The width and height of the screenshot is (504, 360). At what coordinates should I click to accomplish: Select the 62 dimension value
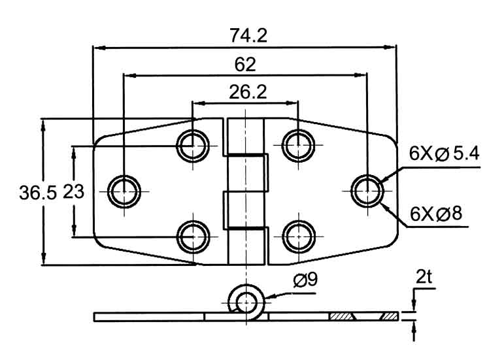click(x=244, y=65)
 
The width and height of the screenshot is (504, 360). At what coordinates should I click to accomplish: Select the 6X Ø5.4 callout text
click(x=445, y=154)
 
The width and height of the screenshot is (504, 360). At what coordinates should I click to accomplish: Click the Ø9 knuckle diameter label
click(x=305, y=281)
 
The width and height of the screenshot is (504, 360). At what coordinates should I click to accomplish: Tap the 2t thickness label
click(x=424, y=276)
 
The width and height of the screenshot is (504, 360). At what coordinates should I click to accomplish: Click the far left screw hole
click(x=124, y=191)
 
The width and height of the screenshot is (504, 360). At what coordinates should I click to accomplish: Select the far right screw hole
click(x=367, y=191)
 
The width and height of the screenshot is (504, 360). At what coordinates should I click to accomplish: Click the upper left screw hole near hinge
click(x=193, y=146)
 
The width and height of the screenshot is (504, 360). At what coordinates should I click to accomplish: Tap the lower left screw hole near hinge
click(x=193, y=237)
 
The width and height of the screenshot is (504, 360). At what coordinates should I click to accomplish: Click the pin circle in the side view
click(x=246, y=302)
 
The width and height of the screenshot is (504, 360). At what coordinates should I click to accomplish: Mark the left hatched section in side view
click(x=341, y=317)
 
